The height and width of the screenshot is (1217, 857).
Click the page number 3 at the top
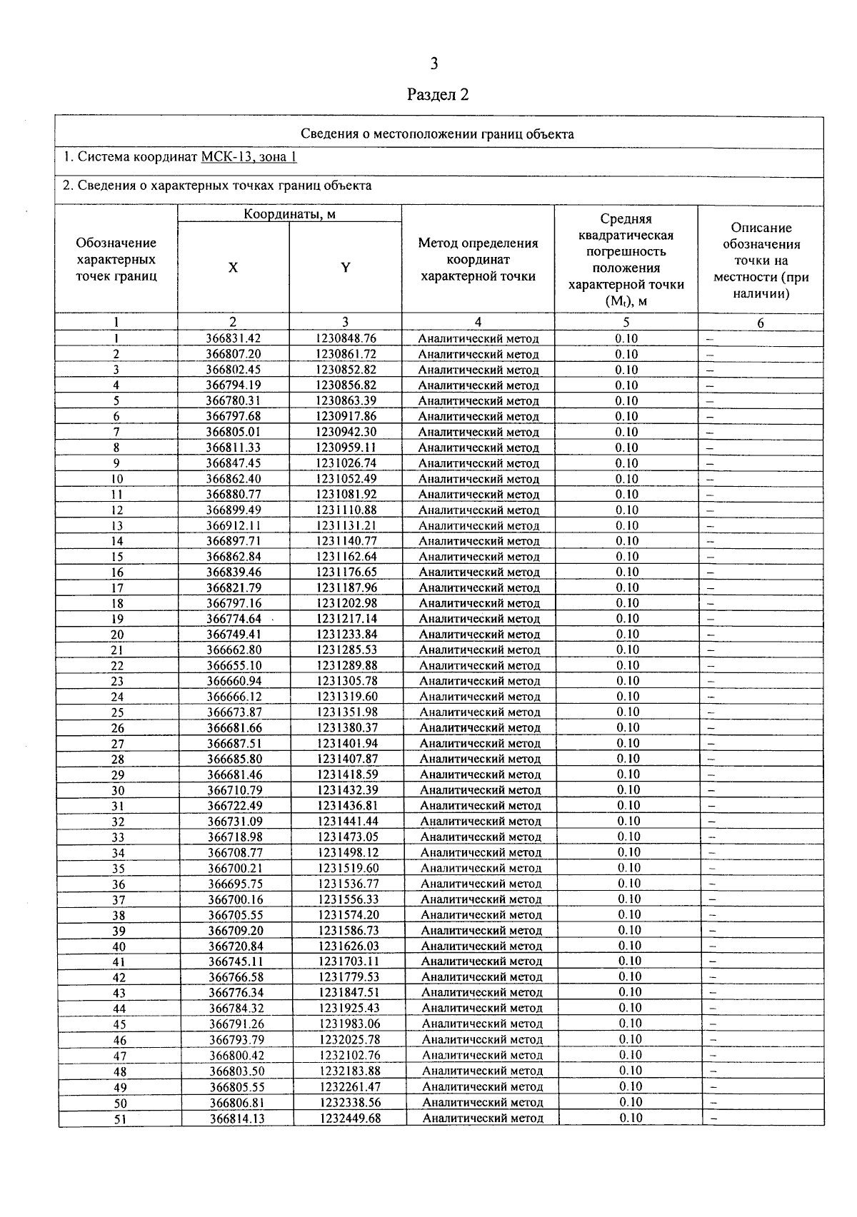(x=433, y=64)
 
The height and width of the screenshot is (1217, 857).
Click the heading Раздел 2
(x=438, y=95)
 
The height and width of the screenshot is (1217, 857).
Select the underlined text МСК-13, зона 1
(x=249, y=158)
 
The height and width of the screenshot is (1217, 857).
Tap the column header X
(x=233, y=268)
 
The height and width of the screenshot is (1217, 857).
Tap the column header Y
(x=346, y=268)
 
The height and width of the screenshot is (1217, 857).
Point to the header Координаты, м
(x=289, y=213)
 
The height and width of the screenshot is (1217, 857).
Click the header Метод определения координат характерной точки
(x=478, y=260)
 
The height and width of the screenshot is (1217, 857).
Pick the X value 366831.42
(x=233, y=338)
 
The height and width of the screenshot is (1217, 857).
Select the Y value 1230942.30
(x=346, y=432)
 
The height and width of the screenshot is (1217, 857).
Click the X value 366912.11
(x=234, y=525)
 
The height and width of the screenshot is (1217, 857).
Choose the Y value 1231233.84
(x=346, y=634)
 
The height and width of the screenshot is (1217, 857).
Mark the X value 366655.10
(x=234, y=665)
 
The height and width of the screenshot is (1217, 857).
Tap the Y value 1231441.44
(x=348, y=821)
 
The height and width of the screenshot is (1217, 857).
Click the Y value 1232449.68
(x=350, y=1118)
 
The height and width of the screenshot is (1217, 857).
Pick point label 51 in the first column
(x=120, y=1119)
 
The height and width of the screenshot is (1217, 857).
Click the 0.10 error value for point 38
(x=629, y=914)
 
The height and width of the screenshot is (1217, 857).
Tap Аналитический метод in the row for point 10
(x=478, y=479)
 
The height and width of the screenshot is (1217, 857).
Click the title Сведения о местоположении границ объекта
(x=437, y=133)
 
